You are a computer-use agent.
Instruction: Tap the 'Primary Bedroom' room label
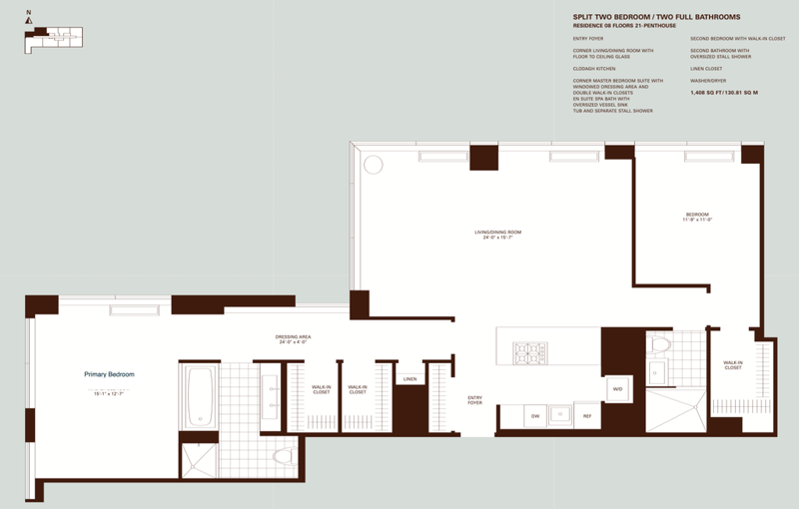(x=109, y=374)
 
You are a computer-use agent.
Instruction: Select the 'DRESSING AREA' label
(x=293, y=338)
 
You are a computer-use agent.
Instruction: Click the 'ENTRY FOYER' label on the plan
(x=474, y=400)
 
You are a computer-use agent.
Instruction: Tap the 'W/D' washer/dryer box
(x=617, y=389)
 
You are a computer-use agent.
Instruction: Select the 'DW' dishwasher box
(x=535, y=415)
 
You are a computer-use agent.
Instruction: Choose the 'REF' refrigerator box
(x=587, y=415)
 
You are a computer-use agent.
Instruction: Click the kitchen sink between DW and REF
(x=561, y=415)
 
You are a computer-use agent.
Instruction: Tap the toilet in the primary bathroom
(x=283, y=456)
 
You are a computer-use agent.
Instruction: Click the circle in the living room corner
(x=374, y=165)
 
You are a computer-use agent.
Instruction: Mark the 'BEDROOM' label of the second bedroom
(x=697, y=216)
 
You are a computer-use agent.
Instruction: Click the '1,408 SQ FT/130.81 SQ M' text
(x=724, y=92)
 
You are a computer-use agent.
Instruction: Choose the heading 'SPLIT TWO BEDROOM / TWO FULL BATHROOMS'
(x=656, y=17)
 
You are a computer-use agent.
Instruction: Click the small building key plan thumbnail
(x=56, y=38)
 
